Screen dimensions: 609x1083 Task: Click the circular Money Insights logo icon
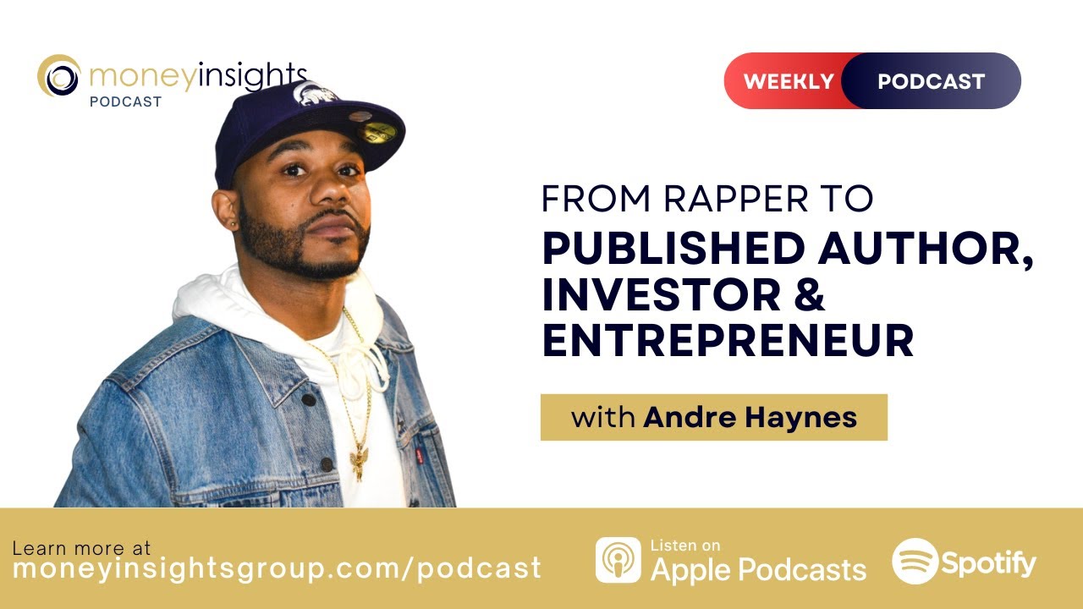pos(59,76)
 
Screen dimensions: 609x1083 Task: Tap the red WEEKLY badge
pos(787,81)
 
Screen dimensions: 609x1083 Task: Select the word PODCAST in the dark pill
pos(931,81)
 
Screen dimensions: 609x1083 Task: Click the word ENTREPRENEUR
pos(728,341)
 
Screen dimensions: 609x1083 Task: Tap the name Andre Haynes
pos(750,417)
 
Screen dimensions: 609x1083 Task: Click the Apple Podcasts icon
pos(618,560)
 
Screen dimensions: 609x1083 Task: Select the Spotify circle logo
pos(915,561)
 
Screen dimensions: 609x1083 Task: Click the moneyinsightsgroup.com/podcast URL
pos(277,568)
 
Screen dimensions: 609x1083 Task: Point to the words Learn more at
pos(81,547)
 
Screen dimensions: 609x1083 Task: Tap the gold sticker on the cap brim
pos(377,131)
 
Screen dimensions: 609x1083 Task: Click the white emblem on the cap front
pos(316,93)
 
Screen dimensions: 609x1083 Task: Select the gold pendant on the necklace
pos(360,460)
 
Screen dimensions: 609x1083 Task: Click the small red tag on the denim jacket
pos(418,457)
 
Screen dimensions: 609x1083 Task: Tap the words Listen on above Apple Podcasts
pos(685,546)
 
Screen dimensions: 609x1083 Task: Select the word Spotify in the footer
pos(987,562)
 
